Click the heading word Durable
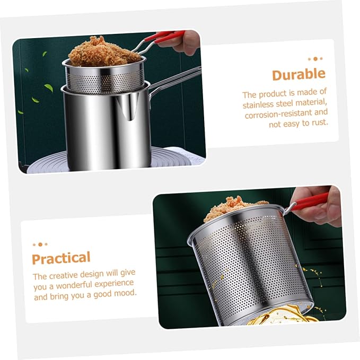[x=298, y=74]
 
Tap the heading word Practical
[x=61, y=258]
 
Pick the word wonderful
[x=74, y=285]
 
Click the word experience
[x=114, y=284]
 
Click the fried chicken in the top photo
[x=103, y=52]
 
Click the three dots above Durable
[x=315, y=59]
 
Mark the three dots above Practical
[x=40, y=244]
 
